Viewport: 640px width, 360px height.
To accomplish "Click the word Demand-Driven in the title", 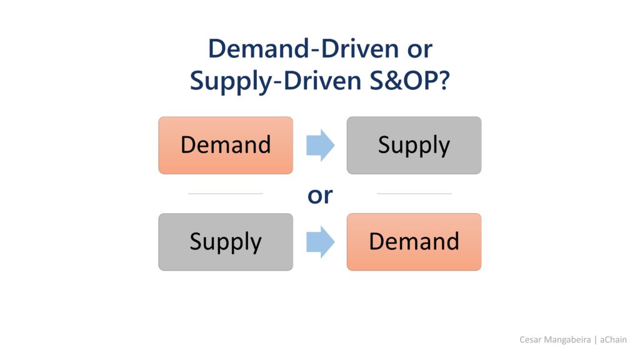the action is click(303, 49).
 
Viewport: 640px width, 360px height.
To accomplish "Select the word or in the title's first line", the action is click(419, 51).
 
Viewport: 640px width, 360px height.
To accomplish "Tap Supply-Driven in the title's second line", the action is click(276, 81).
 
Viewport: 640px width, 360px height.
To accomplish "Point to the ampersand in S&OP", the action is click(394, 81).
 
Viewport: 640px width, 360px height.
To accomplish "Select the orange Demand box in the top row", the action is click(226, 145).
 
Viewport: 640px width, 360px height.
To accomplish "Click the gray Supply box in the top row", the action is click(414, 145).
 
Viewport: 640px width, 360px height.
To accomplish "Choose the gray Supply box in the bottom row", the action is click(226, 242).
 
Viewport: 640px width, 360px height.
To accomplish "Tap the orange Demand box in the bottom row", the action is click(414, 242).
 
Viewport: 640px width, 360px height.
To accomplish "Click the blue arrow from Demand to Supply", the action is click(321, 145).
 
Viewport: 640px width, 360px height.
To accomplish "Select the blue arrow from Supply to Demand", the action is click(321, 242).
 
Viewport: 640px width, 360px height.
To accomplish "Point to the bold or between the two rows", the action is click(320, 196).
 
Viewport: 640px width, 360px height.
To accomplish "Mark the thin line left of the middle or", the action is click(226, 194).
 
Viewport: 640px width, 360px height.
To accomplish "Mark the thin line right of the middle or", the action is click(414, 194).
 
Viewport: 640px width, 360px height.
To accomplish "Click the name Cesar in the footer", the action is click(530, 339).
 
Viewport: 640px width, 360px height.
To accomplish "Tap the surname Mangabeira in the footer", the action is click(567, 340).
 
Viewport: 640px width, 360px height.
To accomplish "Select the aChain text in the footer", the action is click(613, 339).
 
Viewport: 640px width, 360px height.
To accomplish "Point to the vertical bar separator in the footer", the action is click(596, 340).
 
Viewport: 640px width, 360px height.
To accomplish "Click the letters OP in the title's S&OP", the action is click(421, 81).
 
